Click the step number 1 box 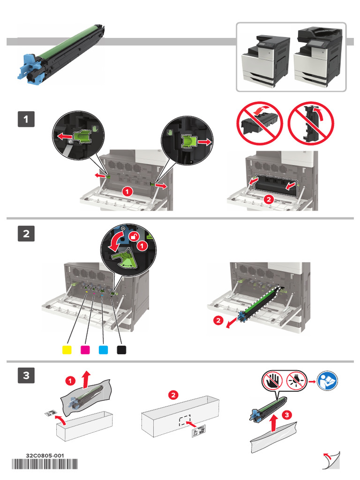tap(26, 120)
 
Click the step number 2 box tap(26, 233)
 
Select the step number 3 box tap(26, 375)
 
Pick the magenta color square tap(85, 350)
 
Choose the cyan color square tap(104, 350)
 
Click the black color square tap(121, 350)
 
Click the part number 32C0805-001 tap(45, 456)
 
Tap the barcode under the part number tap(45, 465)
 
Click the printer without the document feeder tap(265, 59)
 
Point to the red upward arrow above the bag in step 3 tap(86, 377)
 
